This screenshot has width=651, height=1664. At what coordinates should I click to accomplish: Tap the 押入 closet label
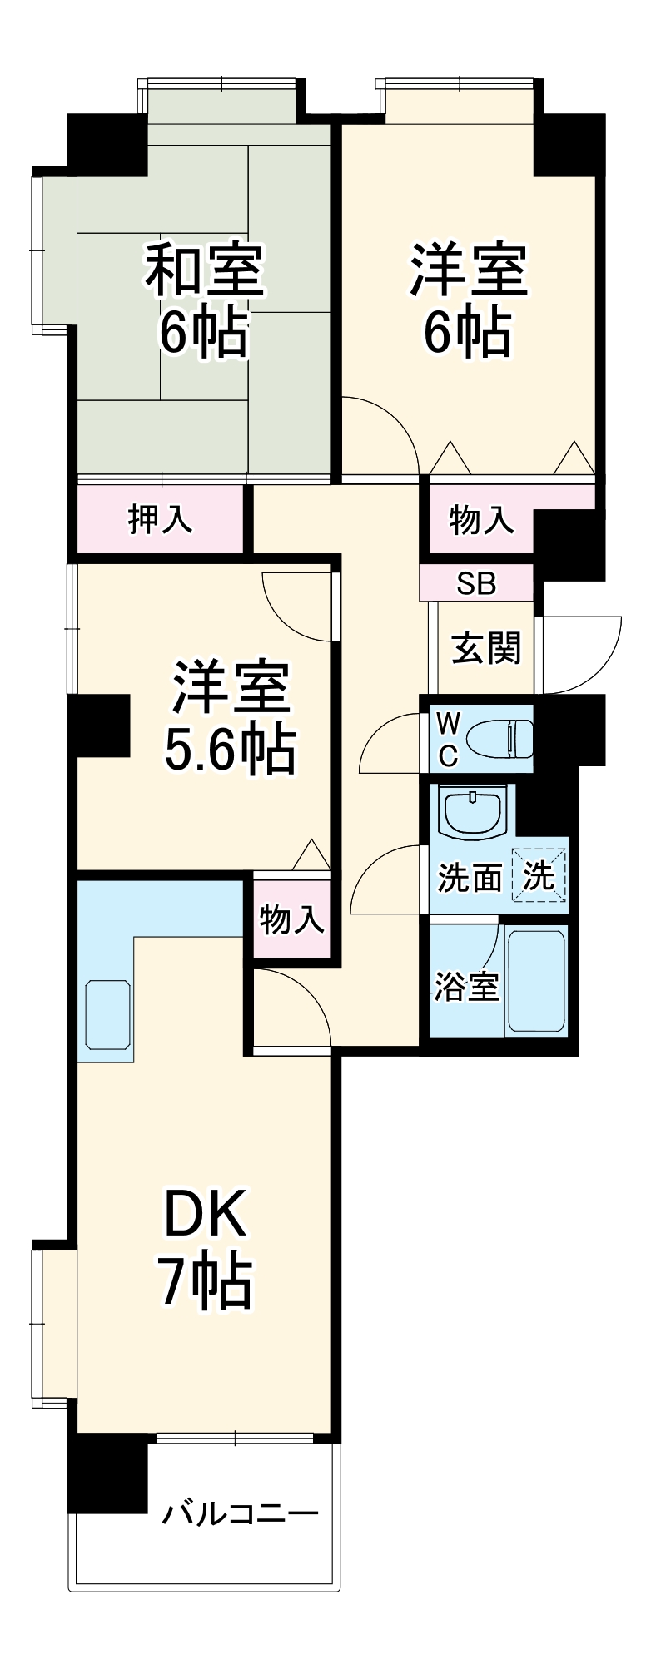pyautogui.click(x=160, y=519)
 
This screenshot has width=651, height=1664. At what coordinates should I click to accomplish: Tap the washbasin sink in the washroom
pyautogui.click(x=471, y=815)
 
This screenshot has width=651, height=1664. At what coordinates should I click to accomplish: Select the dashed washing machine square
pyautogui.click(x=539, y=875)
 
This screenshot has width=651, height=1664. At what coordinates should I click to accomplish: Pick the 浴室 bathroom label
pyautogui.click(x=466, y=987)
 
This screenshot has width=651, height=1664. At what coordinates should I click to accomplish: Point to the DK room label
pyautogui.click(x=205, y=1215)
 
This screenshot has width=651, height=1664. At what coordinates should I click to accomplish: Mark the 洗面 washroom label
pyautogui.click(x=470, y=878)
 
